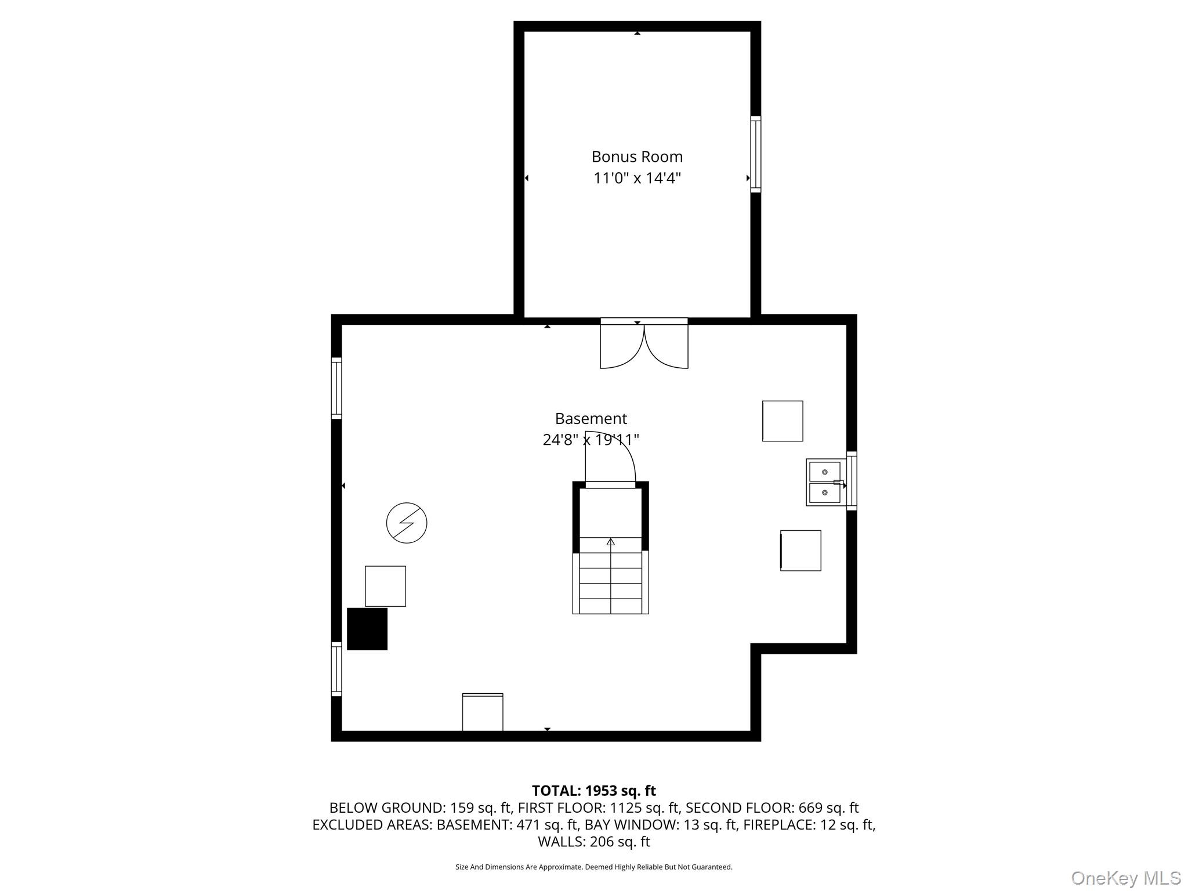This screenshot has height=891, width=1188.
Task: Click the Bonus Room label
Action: (x=637, y=157)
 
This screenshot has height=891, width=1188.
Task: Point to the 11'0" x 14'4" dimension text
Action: (x=637, y=178)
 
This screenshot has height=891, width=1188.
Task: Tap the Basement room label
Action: (x=591, y=418)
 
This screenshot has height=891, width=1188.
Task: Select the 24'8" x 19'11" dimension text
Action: (x=591, y=440)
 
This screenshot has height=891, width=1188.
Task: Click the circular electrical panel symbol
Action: (x=407, y=523)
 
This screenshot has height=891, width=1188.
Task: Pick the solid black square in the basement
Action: (x=367, y=629)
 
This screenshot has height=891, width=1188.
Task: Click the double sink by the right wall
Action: (x=824, y=482)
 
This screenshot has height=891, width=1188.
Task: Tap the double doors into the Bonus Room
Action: (x=644, y=343)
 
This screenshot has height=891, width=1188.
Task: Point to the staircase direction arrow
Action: (x=610, y=542)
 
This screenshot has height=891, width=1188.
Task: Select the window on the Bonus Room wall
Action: (x=755, y=154)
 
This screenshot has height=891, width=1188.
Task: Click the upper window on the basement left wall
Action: (x=336, y=387)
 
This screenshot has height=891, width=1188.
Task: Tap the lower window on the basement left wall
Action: (x=336, y=668)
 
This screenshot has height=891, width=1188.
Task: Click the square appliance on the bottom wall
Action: (x=483, y=712)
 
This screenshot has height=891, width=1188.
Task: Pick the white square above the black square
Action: (x=385, y=586)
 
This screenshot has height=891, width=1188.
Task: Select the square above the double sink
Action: (x=783, y=421)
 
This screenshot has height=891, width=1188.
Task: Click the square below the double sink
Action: (x=801, y=550)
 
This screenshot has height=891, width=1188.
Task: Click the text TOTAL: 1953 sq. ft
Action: (x=594, y=791)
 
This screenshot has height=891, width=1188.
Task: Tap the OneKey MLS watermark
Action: (x=1126, y=878)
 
